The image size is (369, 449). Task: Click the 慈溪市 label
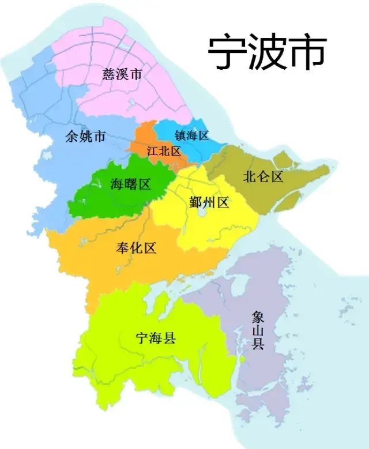[122, 74]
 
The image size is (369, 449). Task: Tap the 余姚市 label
[86, 137]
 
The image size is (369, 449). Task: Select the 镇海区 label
[191, 136]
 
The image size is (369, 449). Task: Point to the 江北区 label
[164, 151]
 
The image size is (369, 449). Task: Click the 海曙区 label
[130, 184]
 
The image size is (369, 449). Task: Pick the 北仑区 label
[263, 176]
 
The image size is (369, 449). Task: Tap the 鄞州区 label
[209, 202]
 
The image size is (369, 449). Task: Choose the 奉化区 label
[136, 248]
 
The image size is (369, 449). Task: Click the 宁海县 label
[155, 338]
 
